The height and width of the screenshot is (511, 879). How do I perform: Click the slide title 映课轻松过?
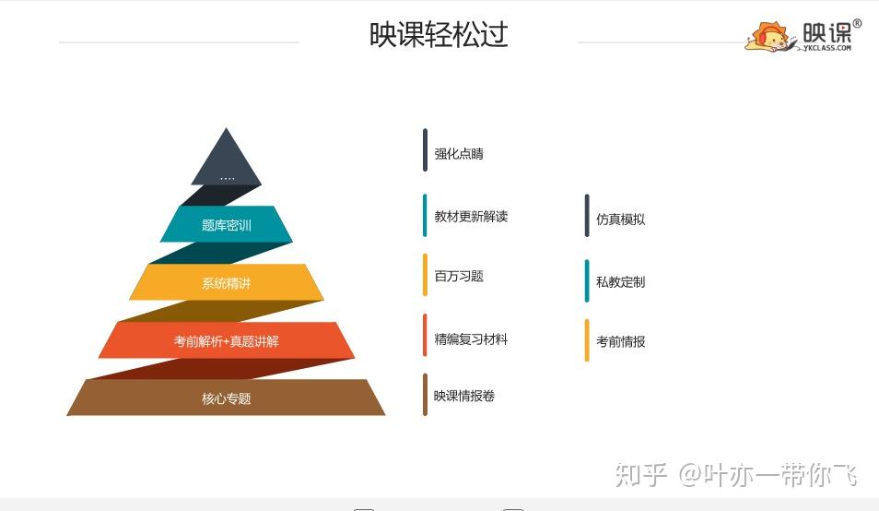click(x=439, y=34)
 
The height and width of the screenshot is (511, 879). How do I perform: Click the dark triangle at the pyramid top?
click(x=227, y=157)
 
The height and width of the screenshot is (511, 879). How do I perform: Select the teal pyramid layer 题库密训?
click(x=227, y=224)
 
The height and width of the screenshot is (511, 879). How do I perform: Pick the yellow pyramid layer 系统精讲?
click(x=227, y=282)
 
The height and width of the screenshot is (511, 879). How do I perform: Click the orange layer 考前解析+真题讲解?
click(x=227, y=340)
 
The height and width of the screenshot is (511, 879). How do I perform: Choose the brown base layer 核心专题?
click(x=227, y=398)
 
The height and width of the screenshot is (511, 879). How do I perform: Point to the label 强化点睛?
click(x=459, y=154)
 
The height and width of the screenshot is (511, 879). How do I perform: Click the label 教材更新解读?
click(x=471, y=217)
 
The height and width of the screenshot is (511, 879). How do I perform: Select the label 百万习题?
click(x=459, y=276)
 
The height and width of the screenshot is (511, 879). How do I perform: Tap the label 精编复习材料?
click(x=471, y=339)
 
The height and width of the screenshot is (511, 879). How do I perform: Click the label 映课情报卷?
click(x=464, y=396)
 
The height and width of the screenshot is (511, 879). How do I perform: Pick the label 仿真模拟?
click(x=621, y=219)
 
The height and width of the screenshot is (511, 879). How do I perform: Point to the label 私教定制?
click(x=621, y=281)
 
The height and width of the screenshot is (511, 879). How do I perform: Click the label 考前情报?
click(x=621, y=341)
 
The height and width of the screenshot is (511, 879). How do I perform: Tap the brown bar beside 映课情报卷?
click(x=425, y=395)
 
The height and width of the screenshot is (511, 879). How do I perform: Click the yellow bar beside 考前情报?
click(x=587, y=340)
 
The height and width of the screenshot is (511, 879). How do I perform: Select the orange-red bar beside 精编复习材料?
click(x=425, y=335)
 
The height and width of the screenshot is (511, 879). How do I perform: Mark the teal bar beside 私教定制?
click(x=587, y=281)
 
